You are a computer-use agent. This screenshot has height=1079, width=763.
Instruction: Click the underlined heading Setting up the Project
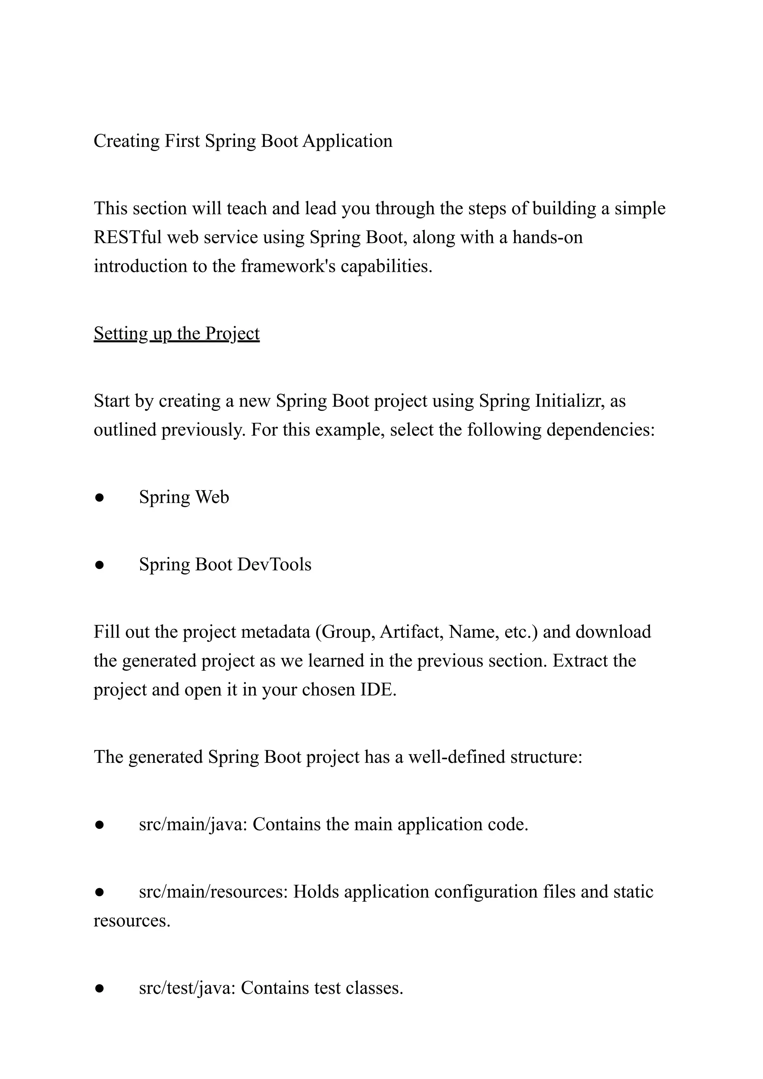pyautogui.click(x=176, y=334)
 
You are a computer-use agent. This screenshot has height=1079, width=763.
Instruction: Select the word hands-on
pyautogui.click(x=547, y=237)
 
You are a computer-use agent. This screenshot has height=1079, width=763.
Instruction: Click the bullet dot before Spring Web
pyautogui.click(x=99, y=498)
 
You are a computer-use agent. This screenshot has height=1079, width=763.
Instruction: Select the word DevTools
pyautogui.click(x=274, y=564)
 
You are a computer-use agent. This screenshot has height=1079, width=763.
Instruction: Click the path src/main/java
pyautogui.click(x=192, y=825)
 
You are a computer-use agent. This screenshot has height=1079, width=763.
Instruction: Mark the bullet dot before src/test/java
pyautogui.click(x=99, y=989)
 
